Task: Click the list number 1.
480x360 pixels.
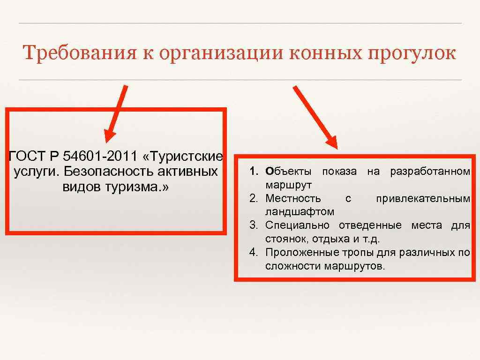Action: (254, 172)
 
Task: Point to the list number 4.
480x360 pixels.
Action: (254, 252)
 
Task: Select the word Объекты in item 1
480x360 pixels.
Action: (290, 172)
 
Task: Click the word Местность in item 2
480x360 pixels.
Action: (293, 198)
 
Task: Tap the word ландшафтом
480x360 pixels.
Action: (300, 212)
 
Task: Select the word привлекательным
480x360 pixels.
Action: (423, 198)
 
